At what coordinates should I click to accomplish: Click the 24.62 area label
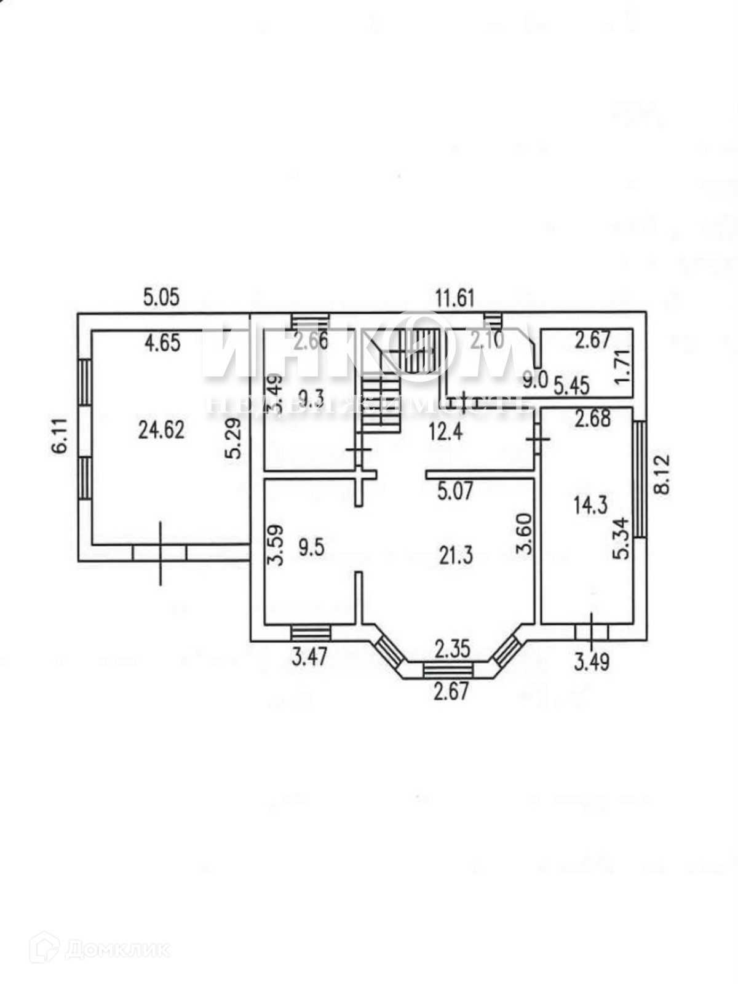(x=161, y=429)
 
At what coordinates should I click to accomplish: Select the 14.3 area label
(x=590, y=506)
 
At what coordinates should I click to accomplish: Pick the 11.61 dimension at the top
(x=455, y=299)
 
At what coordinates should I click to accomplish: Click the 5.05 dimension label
(x=161, y=298)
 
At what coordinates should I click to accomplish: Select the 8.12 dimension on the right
(x=662, y=473)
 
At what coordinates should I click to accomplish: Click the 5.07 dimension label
(x=456, y=491)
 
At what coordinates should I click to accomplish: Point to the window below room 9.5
(x=310, y=633)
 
